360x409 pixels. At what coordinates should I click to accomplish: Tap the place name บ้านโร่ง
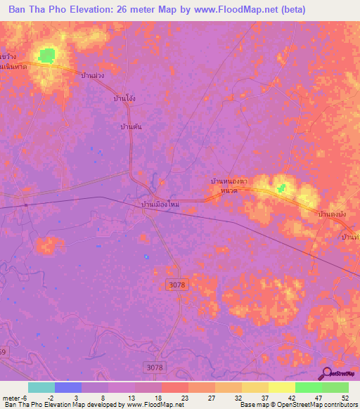[124, 99]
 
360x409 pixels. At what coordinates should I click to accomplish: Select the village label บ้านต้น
[131, 126]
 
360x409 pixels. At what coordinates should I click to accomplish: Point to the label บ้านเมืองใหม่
[161, 204]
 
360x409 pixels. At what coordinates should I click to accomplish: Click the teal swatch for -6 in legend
[41, 387]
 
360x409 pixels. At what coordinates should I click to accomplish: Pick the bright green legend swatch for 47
[308, 387]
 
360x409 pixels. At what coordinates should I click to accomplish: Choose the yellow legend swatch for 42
[281, 387]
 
